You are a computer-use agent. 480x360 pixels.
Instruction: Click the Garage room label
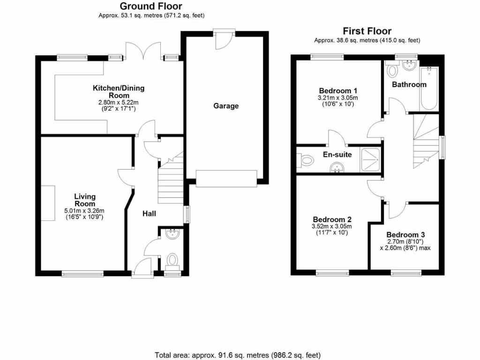[226, 106]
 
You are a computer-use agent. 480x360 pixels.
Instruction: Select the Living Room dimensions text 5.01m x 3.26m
[84, 210]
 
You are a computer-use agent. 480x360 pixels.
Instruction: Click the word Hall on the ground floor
[149, 214]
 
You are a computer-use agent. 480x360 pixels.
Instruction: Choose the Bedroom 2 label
[332, 219]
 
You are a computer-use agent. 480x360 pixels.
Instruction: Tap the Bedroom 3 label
[405, 235]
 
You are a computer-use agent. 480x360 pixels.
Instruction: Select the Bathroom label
[409, 85]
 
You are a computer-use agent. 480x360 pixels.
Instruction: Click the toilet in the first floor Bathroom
[392, 70]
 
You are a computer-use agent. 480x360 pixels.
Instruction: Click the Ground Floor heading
[151, 6]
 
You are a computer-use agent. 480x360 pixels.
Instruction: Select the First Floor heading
[367, 31]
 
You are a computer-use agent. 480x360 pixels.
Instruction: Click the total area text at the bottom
[238, 355]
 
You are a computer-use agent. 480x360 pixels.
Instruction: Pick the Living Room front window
[83, 273]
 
